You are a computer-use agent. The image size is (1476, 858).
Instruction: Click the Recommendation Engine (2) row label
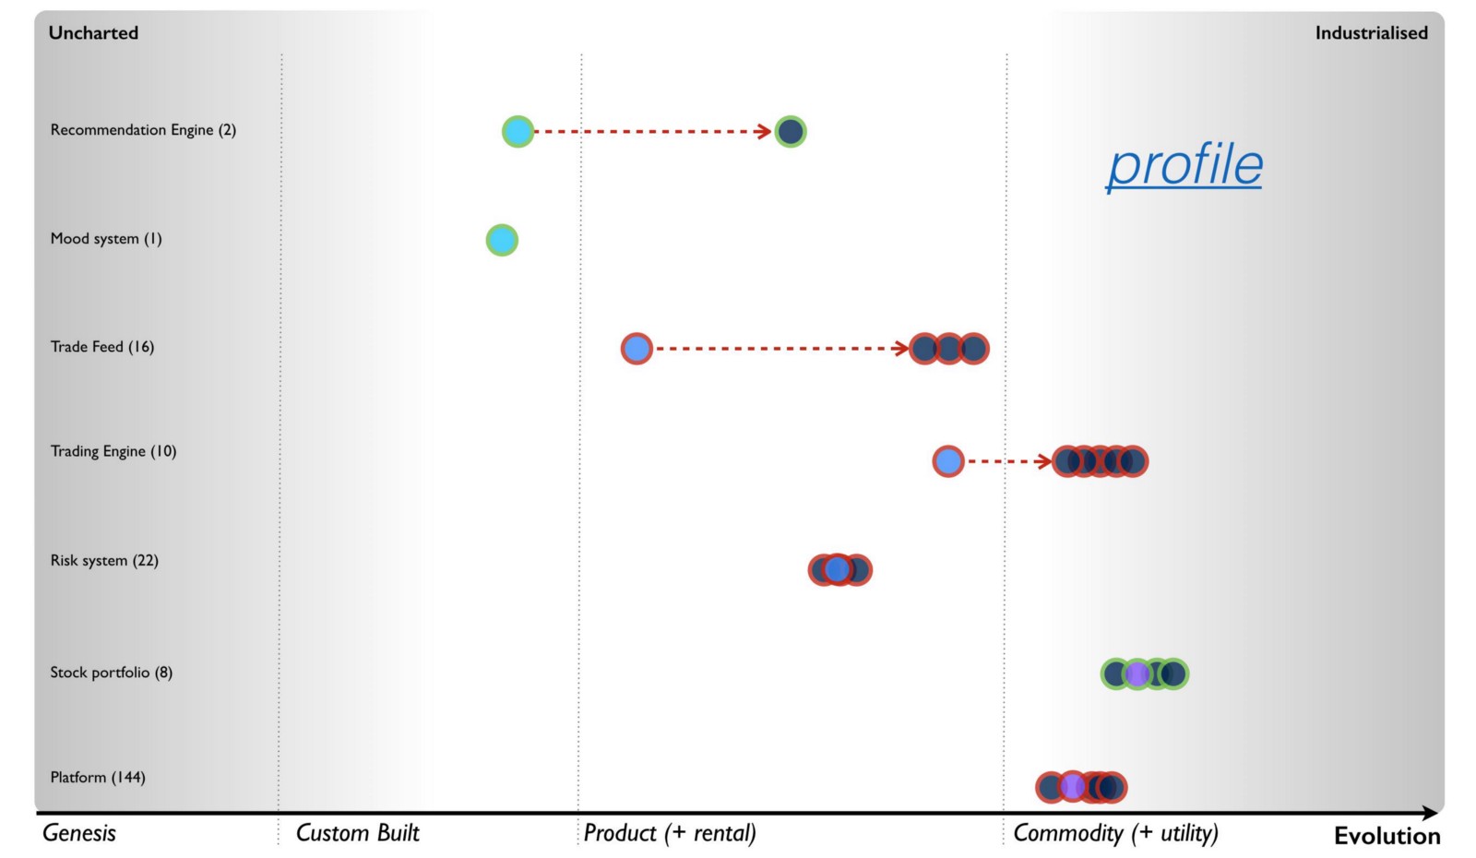pyautogui.click(x=143, y=130)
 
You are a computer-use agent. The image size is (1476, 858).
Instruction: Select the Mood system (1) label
pyautogui.click(x=106, y=239)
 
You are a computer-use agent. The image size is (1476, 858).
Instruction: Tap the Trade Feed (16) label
pyautogui.click(x=102, y=347)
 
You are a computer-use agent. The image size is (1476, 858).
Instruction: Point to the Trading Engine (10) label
pyautogui.click(x=113, y=451)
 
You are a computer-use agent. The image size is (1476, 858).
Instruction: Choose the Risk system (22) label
pyautogui.click(x=104, y=561)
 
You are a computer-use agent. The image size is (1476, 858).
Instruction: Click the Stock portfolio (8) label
pyautogui.click(x=112, y=673)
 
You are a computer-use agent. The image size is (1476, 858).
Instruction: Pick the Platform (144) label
pyautogui.click(x=98, y=778)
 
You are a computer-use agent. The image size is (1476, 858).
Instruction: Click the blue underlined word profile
pyautogui.click(x=1184, y=165)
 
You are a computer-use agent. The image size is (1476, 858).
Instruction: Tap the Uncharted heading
pyautogui.click(x=93, y=33)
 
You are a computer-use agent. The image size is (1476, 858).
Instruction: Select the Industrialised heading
pyautogui.click(x=1371, y=33)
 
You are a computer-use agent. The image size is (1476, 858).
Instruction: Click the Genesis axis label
pyautogui.click(x=79, y=833)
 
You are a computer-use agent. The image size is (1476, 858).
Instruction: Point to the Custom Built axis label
pyautogui.click(x=357, y=833)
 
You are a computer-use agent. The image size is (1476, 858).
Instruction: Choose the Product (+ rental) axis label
pyautogui.click(x=670, y=833)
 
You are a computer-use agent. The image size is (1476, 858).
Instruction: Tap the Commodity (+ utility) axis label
pyautogui.click(x=1115, y=833)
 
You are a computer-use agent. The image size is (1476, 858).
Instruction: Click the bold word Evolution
pyautogui.click(x=1387, y=836)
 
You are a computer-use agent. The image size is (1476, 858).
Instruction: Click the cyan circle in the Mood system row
pyautogui.click(x=502, y=240)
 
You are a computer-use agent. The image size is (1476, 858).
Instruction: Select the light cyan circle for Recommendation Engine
pyautogui.click(x=518, y=132)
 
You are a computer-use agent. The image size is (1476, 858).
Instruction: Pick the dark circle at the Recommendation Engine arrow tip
pyautogui.click(x=791, y=132)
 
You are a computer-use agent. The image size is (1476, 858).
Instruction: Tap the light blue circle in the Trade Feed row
pyautogui.click(x=637, y=349)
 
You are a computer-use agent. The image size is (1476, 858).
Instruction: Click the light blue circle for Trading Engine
pyautogui.click(x=948, y=460)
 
